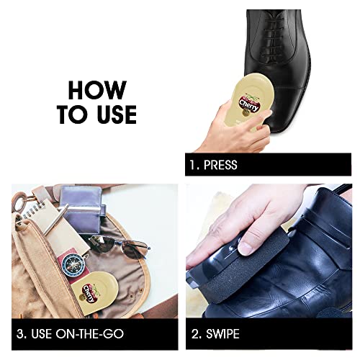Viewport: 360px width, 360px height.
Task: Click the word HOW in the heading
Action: click(97, 90)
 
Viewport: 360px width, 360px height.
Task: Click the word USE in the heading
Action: click(117, 114)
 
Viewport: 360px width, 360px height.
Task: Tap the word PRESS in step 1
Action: click(220, 165)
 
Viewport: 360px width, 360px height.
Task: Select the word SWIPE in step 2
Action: click(222, 333)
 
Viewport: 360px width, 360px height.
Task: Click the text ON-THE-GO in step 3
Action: click(89, 333)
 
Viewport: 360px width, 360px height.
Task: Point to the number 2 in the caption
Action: click(195, 333)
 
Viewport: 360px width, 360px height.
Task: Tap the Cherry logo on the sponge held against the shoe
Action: click(249, 104)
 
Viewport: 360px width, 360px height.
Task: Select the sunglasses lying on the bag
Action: click(118, 246)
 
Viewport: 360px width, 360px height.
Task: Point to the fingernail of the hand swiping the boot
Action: click(247, 248)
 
